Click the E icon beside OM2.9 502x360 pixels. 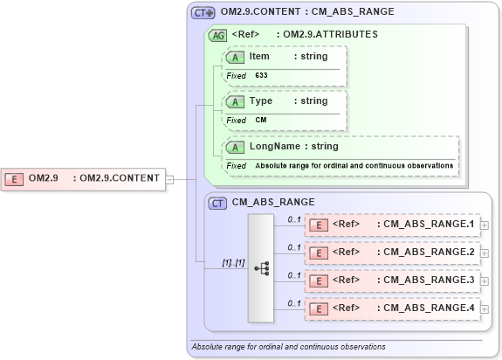(14, 178)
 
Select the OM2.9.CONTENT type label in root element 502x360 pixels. (119, 178)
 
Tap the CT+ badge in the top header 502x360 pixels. (203, 12)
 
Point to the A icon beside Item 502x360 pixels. (235, 57)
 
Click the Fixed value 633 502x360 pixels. (262, 76)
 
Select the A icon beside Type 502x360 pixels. (235, 101)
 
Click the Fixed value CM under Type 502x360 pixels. (261, 120)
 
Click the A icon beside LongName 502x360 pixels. (235, 146)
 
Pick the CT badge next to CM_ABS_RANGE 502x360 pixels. (219, 202)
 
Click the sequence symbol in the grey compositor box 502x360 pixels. (261, 268)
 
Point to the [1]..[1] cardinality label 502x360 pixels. (232, 262)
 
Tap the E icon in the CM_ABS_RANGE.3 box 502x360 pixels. (320, 280)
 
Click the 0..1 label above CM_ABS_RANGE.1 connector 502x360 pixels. (294, 218)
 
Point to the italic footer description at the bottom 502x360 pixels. (288, 347)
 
